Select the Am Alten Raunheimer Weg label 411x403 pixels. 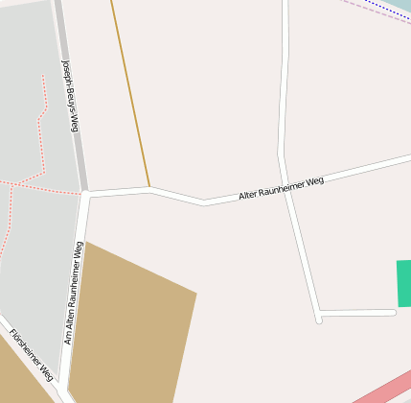[x=74, y=293]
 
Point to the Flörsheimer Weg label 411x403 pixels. [x=30, y=356]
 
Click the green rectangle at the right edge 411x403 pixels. [x=403, y=283]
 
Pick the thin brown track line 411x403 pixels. [x=130, y=96]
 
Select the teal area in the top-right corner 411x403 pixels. [x=400, y=5]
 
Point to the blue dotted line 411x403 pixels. [x=388, y=11]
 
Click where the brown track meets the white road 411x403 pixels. [x=149, y=188]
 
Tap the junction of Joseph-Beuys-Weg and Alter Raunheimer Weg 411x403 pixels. [x=85, y=193]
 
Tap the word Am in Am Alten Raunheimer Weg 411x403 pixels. [x=69, y=339]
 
